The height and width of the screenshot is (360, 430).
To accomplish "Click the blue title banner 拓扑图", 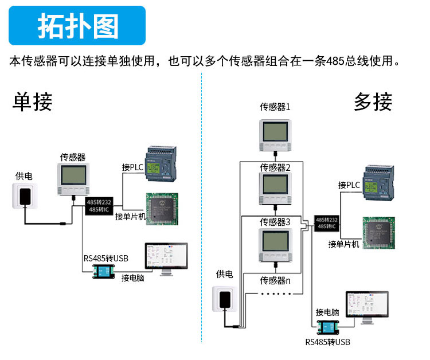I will [x=77, y=26].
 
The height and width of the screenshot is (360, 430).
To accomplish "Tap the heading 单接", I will [x=33, y=102].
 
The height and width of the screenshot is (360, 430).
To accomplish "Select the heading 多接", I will [x=373, y=102].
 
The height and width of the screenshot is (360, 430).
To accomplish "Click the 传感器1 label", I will [x=275, y=107].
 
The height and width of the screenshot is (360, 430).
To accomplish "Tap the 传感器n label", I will [x=275, y=280].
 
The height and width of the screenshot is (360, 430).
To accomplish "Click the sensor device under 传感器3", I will [x=276, y=245].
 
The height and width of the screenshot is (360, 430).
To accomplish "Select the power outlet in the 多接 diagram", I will [x=226, y=300].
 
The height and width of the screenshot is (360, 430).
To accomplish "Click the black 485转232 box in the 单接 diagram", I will [x=99, y=206].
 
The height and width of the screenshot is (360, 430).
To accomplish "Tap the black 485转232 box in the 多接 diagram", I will [x=326, y=224].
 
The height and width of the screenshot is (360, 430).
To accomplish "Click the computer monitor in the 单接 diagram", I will [x=166, y=259].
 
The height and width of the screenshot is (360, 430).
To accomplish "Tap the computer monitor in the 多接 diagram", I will [x=367, y=307].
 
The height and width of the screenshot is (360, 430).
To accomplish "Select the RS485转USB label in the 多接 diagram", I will [x=327, y=343].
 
